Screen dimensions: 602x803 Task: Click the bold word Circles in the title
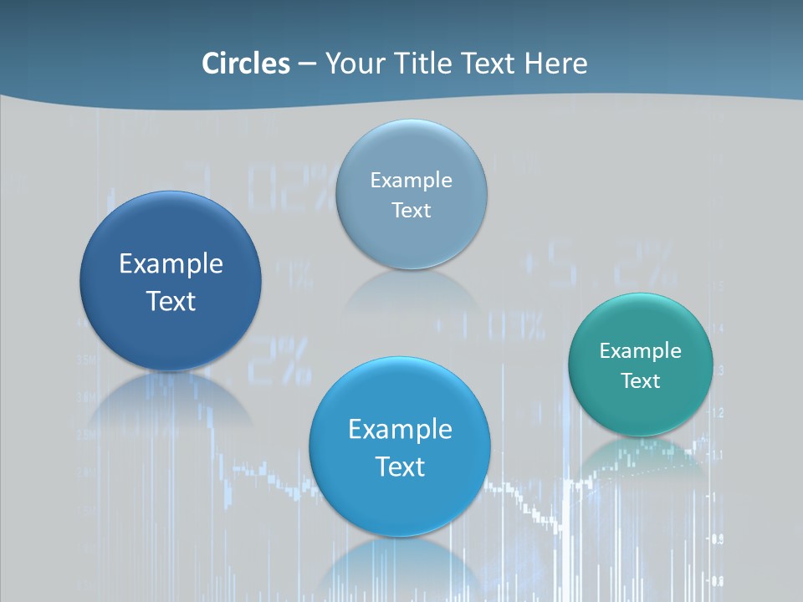point(245,64)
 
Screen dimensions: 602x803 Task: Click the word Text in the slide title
point(490,64)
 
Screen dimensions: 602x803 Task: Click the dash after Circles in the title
point(306,64)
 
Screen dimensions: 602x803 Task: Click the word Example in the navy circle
point(171,264)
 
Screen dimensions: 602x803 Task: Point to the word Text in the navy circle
point(171,301)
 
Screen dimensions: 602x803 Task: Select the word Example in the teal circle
point(640,351)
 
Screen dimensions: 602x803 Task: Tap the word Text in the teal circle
point(640,381)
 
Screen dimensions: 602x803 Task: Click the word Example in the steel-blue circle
point(411,181)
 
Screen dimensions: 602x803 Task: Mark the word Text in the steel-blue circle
point(411,211)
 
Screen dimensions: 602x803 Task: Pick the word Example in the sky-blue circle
point(400,430)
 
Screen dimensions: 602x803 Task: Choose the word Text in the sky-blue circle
point(400,467)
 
